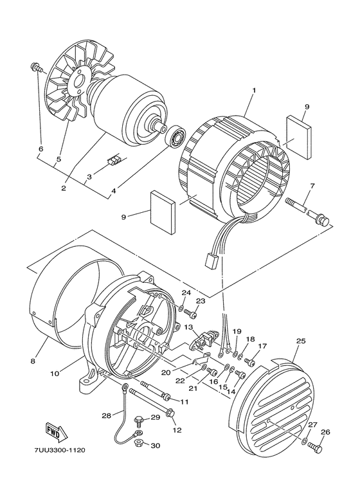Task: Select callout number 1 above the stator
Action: point(253,91)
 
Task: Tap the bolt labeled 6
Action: point(35,66)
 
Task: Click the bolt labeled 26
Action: point(314,447)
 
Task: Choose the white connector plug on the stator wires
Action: point(210,261)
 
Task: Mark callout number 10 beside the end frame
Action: point(55,372)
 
